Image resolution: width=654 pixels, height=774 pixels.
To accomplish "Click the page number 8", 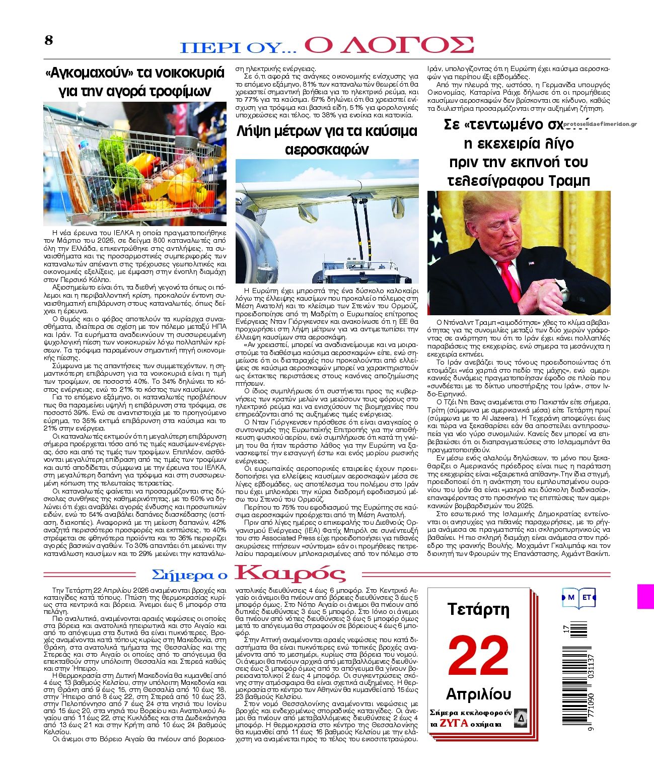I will point(48,40).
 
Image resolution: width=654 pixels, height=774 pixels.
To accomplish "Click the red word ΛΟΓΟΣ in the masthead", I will point(389,45).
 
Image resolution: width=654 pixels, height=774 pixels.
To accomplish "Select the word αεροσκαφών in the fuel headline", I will point(327,150).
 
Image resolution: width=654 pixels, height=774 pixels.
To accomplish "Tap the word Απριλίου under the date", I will point(478,694).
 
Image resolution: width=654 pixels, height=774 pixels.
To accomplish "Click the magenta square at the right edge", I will point(645,596).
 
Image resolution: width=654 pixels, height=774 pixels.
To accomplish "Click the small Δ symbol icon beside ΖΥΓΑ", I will point(521,718).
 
